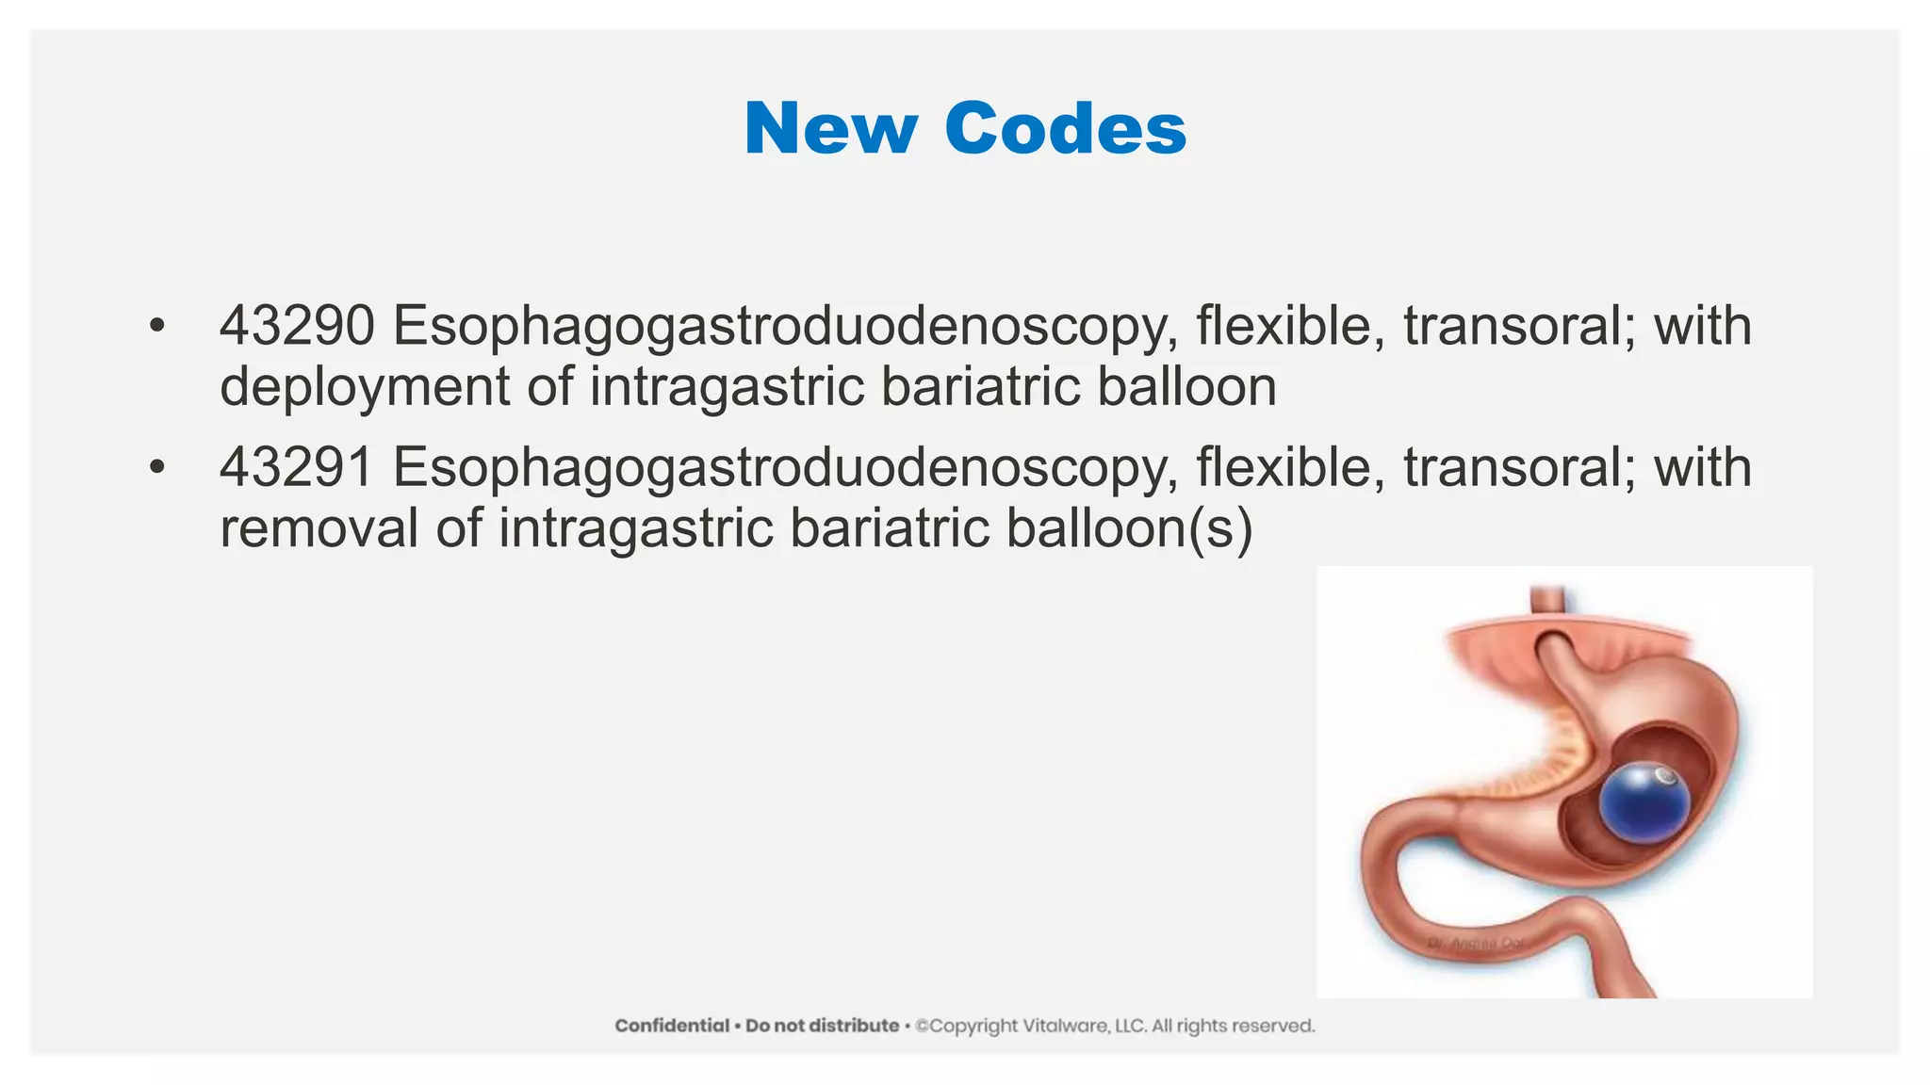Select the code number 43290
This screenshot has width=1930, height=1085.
pyautogui.click(x=297, y=326)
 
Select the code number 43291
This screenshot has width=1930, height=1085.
pyautogui.click(x=297, y=467)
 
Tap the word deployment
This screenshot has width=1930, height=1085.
pyautogui.click(x=365, y=388)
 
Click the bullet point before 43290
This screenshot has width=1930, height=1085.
pyautogui.click(x=156, y=327)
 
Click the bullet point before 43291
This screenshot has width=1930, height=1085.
pyautogui.click(x=156, y=468)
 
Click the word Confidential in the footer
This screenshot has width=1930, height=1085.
pyautogui.click(x=672, y=1026)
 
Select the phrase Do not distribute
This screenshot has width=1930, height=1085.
pyautogui.click(x=822, y=1026)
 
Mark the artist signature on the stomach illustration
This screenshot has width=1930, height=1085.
pyautogui.click(x=1477, y=943)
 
